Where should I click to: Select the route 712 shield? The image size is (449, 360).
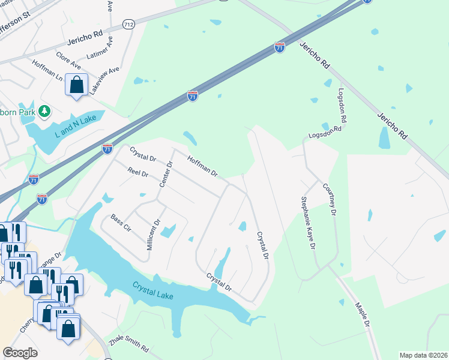click(127, 24)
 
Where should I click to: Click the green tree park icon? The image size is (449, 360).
click(44, 111)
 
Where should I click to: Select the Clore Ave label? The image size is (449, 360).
click(68, 59)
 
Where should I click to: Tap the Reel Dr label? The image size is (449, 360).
click(137, 173)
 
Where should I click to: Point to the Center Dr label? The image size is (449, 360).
click(166, 174)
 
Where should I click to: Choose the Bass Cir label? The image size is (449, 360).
click(121, 223)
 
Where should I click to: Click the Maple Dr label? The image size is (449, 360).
click(362, 314)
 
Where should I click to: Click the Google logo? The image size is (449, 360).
click(20, 353)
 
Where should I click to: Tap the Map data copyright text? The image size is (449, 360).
click(423, 355)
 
